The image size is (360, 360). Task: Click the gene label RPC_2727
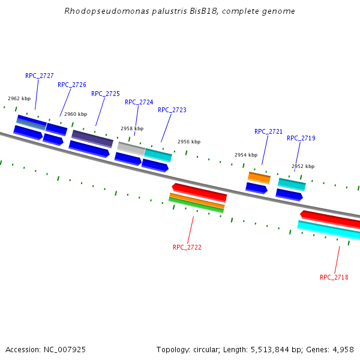tap(40, 76)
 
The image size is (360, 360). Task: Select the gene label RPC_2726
tap(72, 85)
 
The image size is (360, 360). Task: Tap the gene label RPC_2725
tap(106, 94)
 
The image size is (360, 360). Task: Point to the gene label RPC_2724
tap(139, 102)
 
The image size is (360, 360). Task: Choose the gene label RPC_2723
tap(172, 110)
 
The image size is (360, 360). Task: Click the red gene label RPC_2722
tap(187, 247)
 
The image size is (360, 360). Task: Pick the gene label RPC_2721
tap(269, 131)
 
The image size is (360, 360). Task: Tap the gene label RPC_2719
tap(301, 138)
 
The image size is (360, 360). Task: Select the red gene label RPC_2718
tap(334, 277)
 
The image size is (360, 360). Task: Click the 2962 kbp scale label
tap(19, 98)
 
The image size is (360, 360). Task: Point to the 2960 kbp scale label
tap(76, 114)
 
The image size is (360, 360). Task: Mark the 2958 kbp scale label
tap(132, 128)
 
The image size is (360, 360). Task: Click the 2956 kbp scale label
tap(189, 142)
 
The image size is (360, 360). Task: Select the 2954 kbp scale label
tap(246, 155)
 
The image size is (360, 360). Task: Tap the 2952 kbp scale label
tap(303, 166)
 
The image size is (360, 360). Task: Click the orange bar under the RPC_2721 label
tap(259, 177)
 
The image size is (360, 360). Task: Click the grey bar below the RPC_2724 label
tap(131, 147)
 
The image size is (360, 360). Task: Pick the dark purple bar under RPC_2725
tap(92, 138)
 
